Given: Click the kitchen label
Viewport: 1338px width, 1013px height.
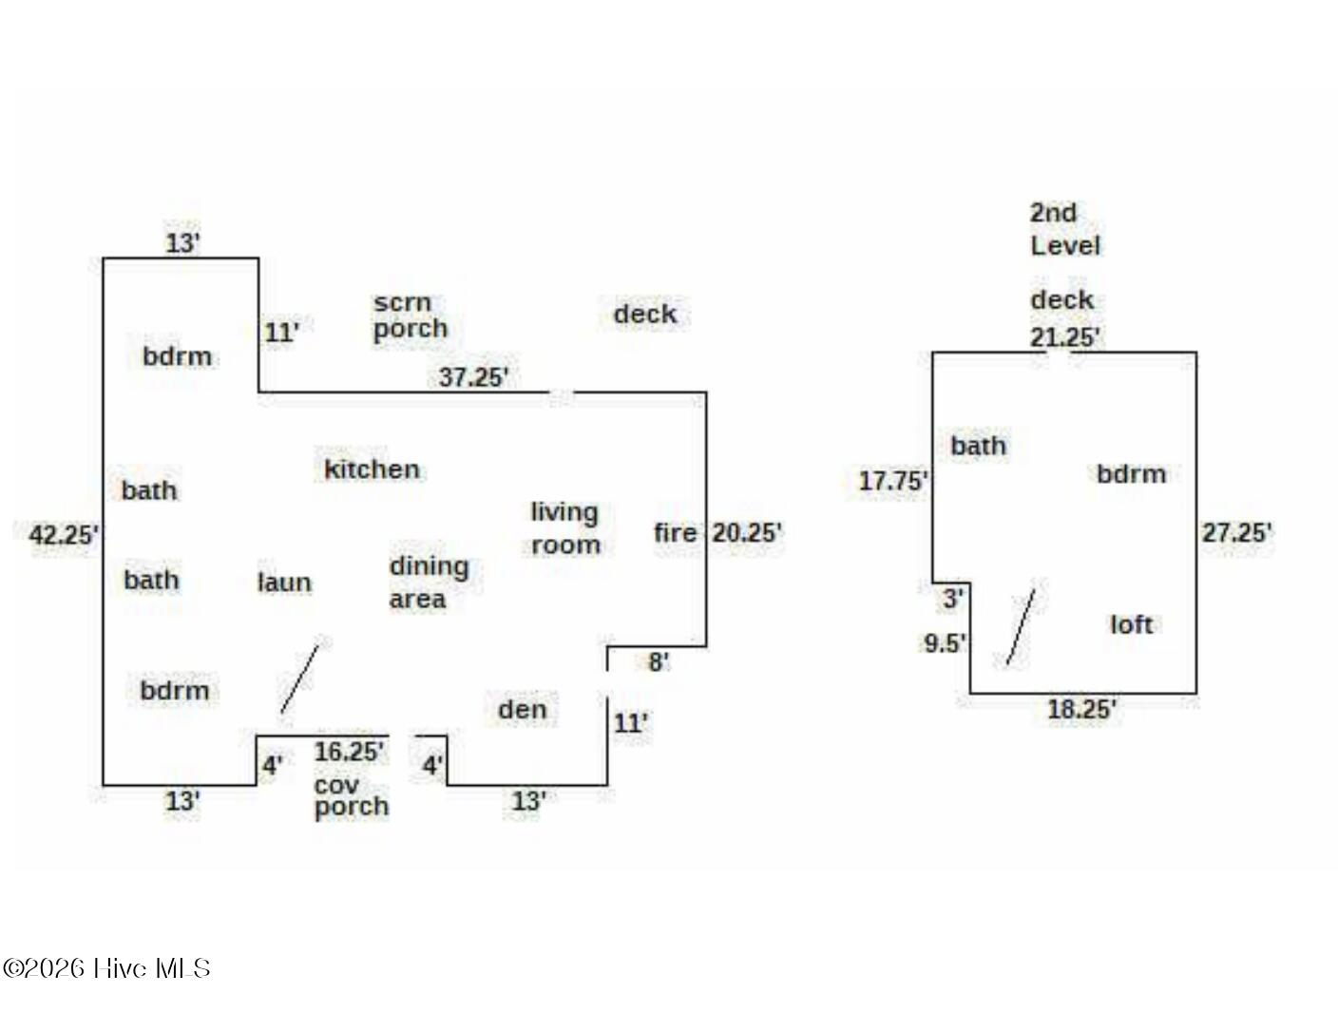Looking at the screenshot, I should (x=372, y=469).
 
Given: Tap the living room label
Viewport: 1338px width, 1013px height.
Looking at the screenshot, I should (x=565, y=528).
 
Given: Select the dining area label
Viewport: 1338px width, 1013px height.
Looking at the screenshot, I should (x=429, y=583).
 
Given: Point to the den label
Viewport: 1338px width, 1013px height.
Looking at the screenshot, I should (x=522, y=710).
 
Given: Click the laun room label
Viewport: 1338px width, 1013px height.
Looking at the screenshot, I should (x=284, y=583).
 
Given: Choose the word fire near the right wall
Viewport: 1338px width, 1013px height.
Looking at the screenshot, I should (x=675, y=533).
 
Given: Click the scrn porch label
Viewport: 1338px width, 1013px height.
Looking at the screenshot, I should (x=410, y=315).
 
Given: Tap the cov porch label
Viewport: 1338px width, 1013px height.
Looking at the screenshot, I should (x=351, y=797).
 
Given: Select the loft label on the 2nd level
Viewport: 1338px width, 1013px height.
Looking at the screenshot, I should (x=1131, y=624).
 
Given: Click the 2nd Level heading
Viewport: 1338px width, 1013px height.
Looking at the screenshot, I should (x=1064, y=229).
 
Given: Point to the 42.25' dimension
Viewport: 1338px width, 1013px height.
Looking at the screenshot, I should (x=64, y=535).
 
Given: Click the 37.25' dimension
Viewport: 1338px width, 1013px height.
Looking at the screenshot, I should (x=473, y=377).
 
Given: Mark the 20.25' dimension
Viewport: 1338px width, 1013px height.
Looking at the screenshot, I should (x=747, y=533).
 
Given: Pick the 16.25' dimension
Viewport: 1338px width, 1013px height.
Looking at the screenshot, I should (x=349, y=752).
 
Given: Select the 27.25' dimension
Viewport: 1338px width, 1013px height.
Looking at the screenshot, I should (x=1236, y=533).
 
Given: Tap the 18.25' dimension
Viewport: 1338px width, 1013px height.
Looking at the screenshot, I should (x=1081, y=709).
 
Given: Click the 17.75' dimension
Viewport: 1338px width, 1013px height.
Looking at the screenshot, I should (x=892, y=481).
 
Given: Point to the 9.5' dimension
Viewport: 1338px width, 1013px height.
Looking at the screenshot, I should (x=945, y=643).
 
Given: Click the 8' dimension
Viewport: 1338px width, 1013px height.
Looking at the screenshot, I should (x=659, y=661).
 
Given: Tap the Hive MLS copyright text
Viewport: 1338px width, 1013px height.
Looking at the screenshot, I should (x=106, y=968).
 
